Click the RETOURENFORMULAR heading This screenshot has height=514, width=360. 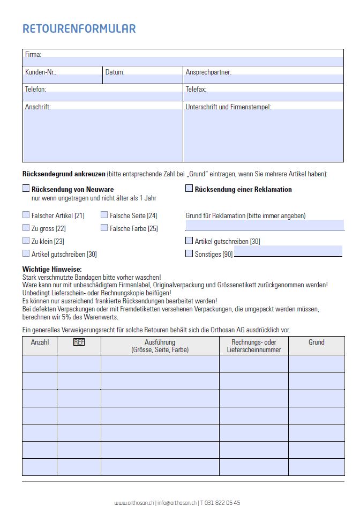coord(79,28)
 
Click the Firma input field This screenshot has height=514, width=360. coord(182,61)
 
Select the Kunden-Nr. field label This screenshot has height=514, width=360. coord(41,72)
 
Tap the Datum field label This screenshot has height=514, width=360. coord(115,72)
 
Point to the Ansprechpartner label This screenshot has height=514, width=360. coord(208,72)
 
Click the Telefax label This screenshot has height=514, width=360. coord(196,89)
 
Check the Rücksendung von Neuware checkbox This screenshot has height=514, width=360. coord(26,189)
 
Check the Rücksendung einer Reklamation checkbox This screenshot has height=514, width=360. coord(189,189)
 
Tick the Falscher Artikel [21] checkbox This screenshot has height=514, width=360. coord(26,215)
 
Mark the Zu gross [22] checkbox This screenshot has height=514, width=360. coord(26,228)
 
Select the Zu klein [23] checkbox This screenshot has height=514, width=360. coord(26,241)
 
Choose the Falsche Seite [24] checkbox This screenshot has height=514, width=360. coord(104,215)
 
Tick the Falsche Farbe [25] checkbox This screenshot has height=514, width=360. coord(104,228)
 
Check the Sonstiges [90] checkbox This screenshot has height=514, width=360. coord(189,253)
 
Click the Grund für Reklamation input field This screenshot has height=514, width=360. coord(265,225)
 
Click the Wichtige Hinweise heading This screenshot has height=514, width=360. coord(52,269)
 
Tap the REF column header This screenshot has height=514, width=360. coord(79,342)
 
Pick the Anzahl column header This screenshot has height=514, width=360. coord(40,342)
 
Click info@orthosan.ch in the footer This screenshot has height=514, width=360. coord(176,503)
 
